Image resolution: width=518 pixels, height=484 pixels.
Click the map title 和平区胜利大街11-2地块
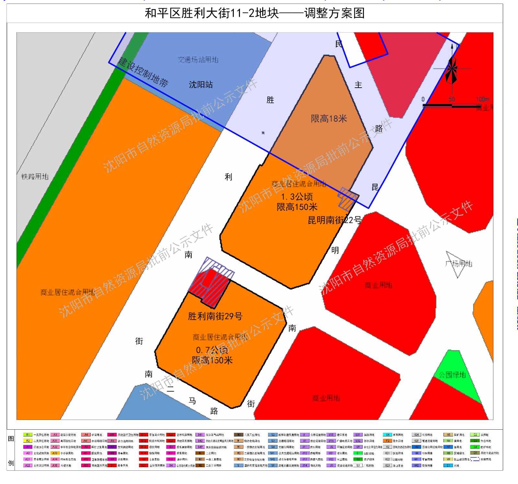212,13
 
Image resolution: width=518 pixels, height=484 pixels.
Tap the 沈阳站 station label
201,85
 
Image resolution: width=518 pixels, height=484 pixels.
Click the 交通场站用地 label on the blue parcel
198,60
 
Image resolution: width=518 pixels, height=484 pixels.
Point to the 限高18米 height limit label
329,119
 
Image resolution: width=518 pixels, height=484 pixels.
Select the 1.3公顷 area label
297,197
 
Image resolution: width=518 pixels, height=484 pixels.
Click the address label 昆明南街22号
334,220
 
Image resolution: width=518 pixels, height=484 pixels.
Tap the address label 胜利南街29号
215,316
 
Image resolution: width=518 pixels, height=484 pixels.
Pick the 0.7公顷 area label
212,350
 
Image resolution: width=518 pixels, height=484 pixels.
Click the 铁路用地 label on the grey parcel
35,176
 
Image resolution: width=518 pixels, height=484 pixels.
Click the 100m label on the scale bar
482,99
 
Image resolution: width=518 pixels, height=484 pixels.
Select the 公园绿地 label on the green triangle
452,375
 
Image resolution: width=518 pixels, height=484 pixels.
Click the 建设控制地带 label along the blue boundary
143,72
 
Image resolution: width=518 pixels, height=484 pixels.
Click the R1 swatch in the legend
28,435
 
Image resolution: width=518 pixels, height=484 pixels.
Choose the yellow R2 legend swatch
28,441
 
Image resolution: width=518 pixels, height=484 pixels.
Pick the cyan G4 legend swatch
387,435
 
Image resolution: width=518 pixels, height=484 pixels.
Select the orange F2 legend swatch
387,441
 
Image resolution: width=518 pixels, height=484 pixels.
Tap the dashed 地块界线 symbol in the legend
475,459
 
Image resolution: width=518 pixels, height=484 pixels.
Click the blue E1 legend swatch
448,466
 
